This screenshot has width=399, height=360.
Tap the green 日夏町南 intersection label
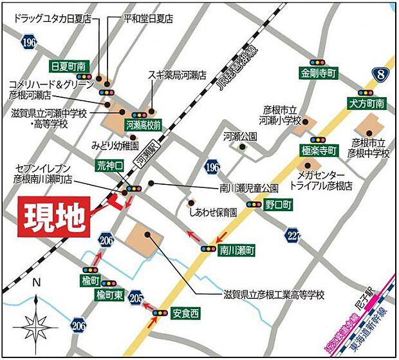68,66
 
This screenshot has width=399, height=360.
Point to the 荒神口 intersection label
110,166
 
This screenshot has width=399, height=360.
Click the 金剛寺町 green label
319,73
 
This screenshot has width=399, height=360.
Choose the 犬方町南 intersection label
366,103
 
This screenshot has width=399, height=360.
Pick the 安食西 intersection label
186,314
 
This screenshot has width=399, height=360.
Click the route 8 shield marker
384,77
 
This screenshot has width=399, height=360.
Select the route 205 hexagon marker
136,298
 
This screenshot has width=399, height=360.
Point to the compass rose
37,320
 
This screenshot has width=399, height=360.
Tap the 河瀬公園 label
240,136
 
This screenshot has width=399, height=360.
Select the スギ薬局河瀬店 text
177,75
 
